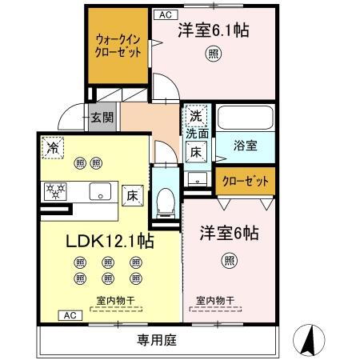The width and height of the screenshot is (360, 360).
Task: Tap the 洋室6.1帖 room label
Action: pos(214,31)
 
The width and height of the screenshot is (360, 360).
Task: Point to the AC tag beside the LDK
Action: pos(67,316)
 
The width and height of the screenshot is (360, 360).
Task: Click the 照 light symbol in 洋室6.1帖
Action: pos(214,54)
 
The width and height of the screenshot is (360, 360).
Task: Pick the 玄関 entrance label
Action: pos(102,117)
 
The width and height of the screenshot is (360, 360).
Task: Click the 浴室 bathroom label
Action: pos(244,146)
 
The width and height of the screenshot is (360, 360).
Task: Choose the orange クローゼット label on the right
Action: pos(243,182)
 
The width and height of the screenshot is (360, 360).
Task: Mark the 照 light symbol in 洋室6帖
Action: pos(230,259)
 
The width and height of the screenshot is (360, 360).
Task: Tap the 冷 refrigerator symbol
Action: pos(52,146)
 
